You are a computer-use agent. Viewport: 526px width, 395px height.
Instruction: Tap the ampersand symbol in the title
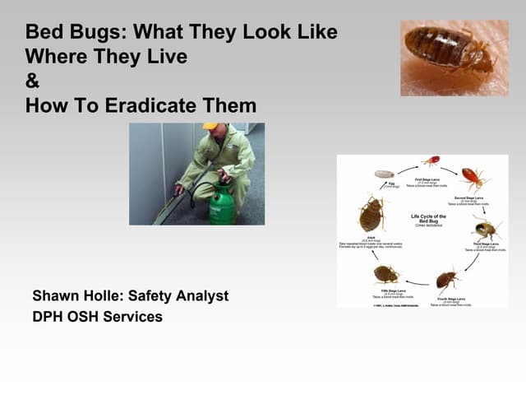tap(33, 81)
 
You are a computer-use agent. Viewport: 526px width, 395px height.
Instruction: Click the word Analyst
tap(199, 295)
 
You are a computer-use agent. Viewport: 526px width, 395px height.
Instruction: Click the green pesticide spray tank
tap(222, 203)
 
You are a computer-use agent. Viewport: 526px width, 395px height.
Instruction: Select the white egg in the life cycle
tap(385, 174)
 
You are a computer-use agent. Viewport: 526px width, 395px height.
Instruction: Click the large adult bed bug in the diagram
tap(371, 214)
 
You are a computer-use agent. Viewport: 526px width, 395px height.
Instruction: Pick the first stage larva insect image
tap(431, 160)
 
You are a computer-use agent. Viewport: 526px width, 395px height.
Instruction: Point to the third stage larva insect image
tap(486, 227)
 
